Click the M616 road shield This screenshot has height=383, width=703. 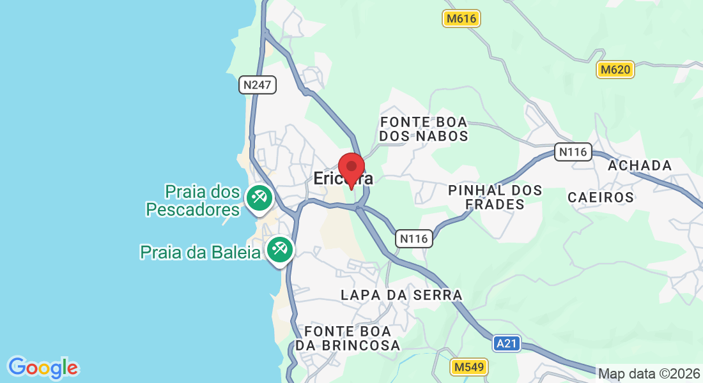(461, 19)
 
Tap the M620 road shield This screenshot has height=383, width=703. (615, 70)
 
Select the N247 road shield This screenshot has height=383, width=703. (258, 85)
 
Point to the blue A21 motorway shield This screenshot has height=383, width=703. (507, 344)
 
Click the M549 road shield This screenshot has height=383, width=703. (469, 367)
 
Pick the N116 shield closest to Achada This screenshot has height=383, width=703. (573, 152)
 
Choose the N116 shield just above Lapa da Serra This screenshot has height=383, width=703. (414, 239)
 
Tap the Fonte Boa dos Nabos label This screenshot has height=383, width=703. (424, 129)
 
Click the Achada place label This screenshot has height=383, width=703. (640, 166)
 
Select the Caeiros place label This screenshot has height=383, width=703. (601, 197)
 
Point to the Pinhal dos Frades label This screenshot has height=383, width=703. (495, 197)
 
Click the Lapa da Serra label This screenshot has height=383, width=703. (401, 295)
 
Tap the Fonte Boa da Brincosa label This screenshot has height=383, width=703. (352, 338)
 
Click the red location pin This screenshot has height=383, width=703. (351, 168)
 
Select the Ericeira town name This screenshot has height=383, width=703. (343, 179)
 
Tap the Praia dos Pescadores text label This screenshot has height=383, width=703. (193, 200)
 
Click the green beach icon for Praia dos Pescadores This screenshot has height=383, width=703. (259, 198)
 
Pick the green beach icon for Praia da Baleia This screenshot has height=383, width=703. (279, 249)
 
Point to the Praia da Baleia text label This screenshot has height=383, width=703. (200, 252)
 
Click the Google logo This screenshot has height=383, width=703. (43, 368)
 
